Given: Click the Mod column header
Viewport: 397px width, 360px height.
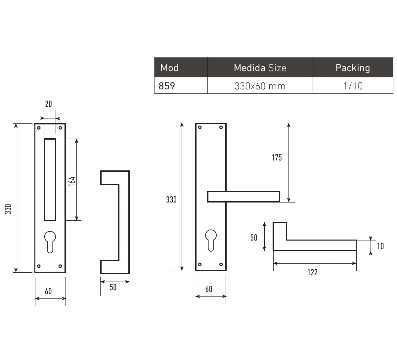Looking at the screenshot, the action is pos(169,68).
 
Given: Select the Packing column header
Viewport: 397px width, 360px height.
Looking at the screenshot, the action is pos(353,68).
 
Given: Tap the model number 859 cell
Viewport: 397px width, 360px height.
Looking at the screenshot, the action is pos(167,86).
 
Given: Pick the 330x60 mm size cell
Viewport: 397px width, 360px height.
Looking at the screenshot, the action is pos(260,86).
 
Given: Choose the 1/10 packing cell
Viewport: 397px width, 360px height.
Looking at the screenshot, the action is pos(353,86).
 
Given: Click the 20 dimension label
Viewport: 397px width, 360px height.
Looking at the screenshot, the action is pos(49,104).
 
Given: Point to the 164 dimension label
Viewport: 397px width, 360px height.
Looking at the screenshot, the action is pos(72,181).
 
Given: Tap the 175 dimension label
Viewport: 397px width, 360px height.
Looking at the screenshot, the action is pos(277,157).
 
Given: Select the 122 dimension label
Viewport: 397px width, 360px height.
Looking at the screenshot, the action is pos(313,272).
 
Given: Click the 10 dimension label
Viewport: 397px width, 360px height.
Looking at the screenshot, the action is pos(380,246).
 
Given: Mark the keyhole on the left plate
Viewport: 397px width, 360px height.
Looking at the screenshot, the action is pos(50,242).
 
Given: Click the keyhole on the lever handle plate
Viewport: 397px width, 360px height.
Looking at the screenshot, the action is pos(211,241).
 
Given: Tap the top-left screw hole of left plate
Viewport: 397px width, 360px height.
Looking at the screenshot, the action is pos(39,128).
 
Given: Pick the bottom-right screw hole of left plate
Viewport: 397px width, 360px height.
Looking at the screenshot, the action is pos(60,266).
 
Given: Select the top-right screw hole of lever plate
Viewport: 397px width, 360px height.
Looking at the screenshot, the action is pos(221,127).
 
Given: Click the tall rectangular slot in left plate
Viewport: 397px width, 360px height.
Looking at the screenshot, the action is pos(50,179).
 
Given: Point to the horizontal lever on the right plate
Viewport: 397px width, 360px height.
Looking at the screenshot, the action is pos(243,197).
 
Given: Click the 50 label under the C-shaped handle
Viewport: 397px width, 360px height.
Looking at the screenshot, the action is pos(113,287).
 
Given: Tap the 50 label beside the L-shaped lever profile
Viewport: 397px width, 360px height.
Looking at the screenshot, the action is pos(254,238).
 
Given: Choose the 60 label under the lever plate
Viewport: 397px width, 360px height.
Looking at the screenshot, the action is pos(209,289).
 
